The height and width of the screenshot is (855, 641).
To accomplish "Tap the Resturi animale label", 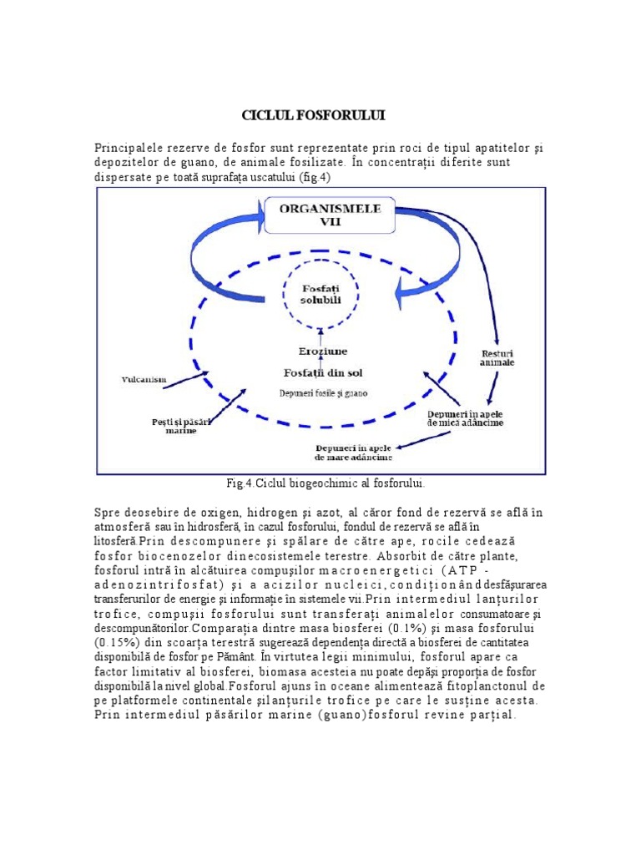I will tap(497, 357).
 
